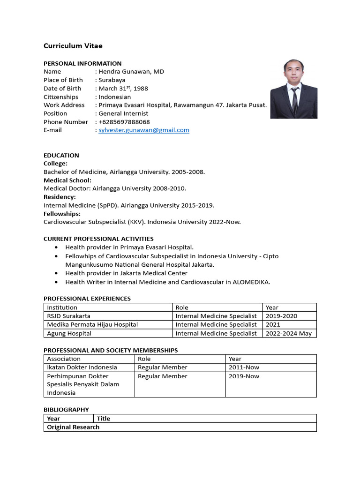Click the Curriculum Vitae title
click(x=73, y=46)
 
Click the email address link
click(x=144, y=130)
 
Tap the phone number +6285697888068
click(x=124, y=122)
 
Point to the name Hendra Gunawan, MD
click(x=131, y=72)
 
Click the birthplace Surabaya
click(x=112, y=80)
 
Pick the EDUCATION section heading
click(x=61, y=155)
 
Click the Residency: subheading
click(x=60, y=197)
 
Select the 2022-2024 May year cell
click(x=289, y=333)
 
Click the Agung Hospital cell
click(x=69, y=333)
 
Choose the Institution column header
click(x=62, y=307)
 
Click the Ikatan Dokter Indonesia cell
click(x=82, y=367)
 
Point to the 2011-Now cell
click(x=244, y=367)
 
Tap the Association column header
click(x=64, y=359)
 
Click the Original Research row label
click(x=73, y=427)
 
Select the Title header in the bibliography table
click(x=104, y=419)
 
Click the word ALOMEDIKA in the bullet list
click(x=251, y=282)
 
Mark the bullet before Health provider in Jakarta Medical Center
click(x=57, y=273)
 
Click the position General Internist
click(x=123, y=113)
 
